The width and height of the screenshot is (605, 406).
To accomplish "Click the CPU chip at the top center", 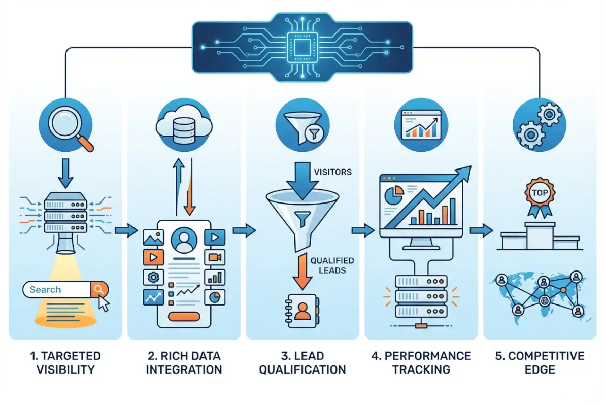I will pyautogui.click(x=302, y=42).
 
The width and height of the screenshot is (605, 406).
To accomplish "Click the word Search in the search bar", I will pyautogui.click(x=45, y=290).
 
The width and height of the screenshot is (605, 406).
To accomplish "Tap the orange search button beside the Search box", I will pyautogui.click(x=98, y=289).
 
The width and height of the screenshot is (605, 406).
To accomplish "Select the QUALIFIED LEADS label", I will pyautogui.click(x=332, y=265).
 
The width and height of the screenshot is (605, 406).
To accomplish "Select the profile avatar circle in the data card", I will pyautogui.click(x=184, y=239).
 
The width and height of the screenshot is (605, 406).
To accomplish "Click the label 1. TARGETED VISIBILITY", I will pyautogui.click(x=65, y=362).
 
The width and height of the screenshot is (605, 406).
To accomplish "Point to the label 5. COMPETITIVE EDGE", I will pyautogui.click(x=540, y=362).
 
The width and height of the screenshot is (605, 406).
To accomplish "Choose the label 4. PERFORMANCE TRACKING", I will pyautogui.click(x=421, y=362).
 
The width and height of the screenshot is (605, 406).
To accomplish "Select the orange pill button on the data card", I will pyautogui.click(x=184, y=317).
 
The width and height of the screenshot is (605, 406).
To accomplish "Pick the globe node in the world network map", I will pyautogui.click(x=544, y=299).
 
